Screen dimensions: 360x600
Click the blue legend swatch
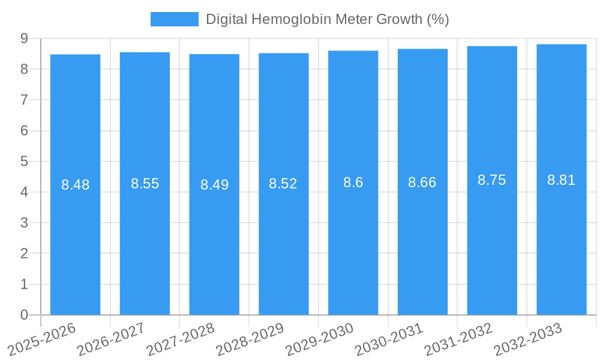coord(174,19)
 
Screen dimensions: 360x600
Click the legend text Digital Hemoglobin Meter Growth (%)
coord(327,19)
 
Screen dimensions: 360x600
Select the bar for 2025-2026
coord(75,240)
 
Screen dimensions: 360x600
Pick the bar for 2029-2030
coord(353,240)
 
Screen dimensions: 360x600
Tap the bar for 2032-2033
coord(561,240)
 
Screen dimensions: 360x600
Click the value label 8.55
coord(145,184)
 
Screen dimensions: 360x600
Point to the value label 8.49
coord(214,185)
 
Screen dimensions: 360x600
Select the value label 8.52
coord(283,184)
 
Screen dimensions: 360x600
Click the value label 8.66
coord(422,182)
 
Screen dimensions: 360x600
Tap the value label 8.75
coord(491,180)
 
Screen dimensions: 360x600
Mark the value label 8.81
coord(561,179)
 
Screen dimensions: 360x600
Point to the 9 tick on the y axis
coord(24,38)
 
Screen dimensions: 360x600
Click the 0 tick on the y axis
coord(24,315)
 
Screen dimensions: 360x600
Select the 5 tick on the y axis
coord(24,161)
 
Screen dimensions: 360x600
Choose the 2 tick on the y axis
coord(24,254)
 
